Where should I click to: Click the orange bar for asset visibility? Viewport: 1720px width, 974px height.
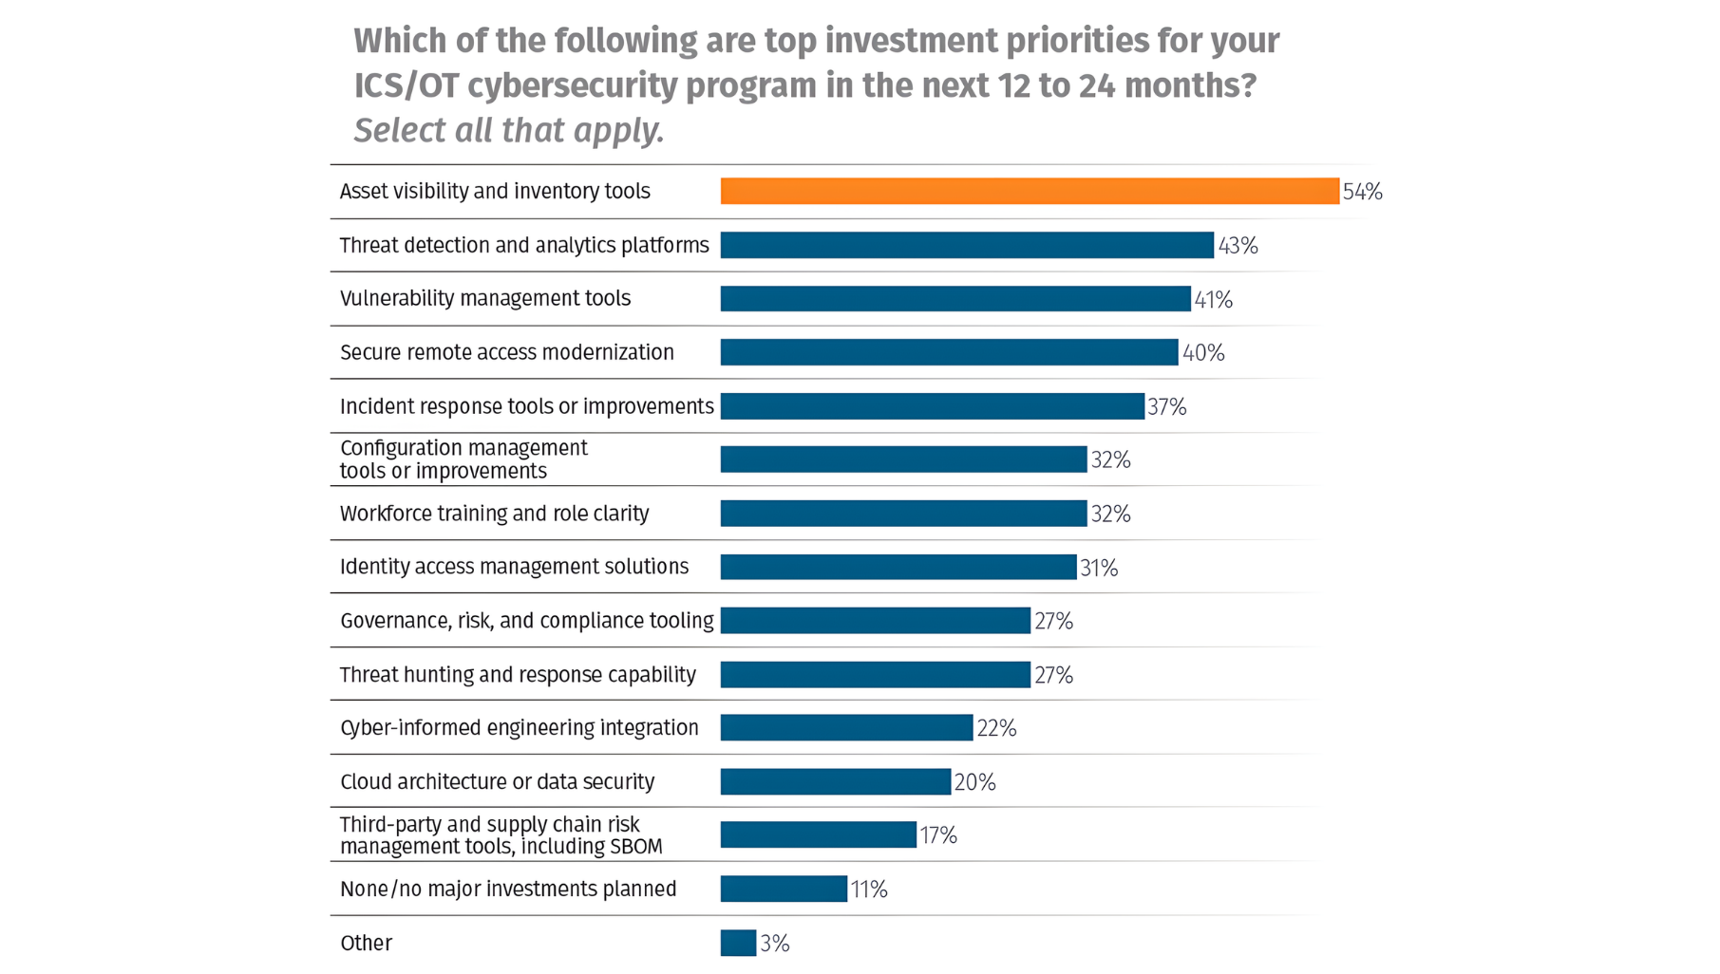click(x=1029, y=191)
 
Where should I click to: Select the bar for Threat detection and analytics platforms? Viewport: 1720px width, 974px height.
click(x=966, y=245)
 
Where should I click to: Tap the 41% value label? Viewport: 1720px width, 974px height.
click(x=1213, y=300)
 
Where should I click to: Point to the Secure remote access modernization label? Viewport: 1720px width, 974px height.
click(x=506, y=352)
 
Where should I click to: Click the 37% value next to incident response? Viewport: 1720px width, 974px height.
click(x=1166, y=407)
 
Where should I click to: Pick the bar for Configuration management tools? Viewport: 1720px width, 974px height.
click(x=902, y=459)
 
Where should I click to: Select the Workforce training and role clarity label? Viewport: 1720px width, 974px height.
click(x=494, y=514)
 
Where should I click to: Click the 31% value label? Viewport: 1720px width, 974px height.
click(x=1098, y=568)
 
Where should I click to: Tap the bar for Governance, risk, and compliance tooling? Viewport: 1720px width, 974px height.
click(x=874, y=621)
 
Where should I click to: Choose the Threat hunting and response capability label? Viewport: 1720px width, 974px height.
click(x=518, y=675)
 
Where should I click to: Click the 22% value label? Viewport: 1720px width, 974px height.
click(x=996, y=728)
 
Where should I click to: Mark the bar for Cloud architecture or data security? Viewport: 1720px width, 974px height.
click(x=835, y=781)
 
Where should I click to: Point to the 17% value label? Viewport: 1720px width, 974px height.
click(x=937, y=835)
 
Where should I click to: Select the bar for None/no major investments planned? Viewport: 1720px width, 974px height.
click(x=783, y=889)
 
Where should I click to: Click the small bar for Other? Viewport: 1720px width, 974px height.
click(x=738, y=943)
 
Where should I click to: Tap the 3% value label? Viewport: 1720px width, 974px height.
click(x=774, y=944)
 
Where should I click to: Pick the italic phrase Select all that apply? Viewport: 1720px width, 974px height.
click(x=508, y=130)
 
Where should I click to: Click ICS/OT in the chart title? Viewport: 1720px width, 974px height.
click(x=406, y=85)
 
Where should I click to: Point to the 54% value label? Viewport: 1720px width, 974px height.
click(x=1362, y=192)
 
